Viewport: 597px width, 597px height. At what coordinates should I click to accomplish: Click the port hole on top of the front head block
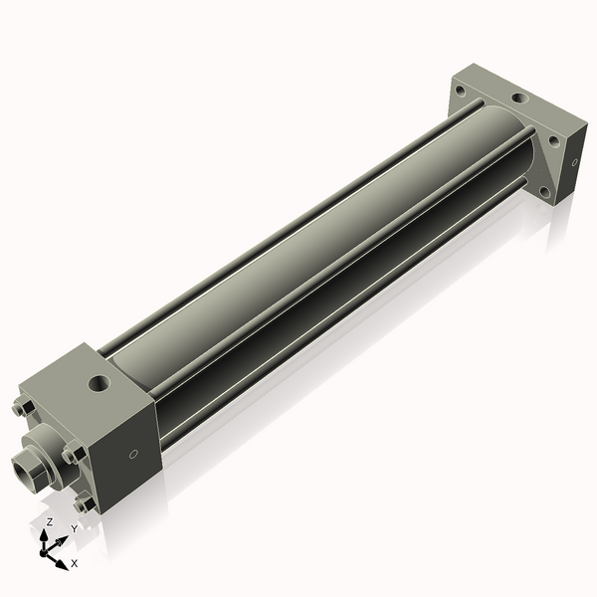click(99, 381)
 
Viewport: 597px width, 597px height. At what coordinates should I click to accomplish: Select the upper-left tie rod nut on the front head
click(25, 408)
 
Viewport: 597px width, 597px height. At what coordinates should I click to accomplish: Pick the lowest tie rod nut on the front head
click(86, 503)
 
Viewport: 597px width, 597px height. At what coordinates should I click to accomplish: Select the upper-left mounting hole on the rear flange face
click(460, 93)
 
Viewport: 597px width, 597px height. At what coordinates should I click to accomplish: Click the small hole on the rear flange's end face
click(574, 161)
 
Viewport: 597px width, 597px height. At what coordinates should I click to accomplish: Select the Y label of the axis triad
click(74, 529)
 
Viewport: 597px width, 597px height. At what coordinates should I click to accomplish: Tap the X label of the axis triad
click(76, 563)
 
